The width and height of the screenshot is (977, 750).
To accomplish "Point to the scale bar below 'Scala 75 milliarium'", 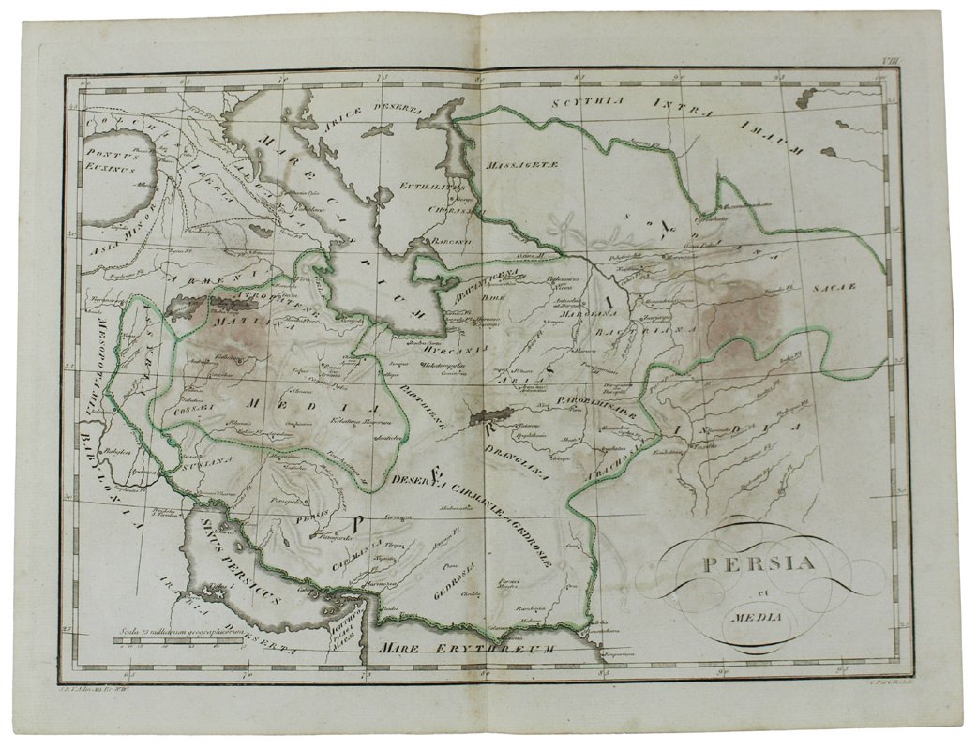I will click(x=178, y=642).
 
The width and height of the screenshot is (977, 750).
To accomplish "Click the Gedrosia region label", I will click(x=456, y=578).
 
